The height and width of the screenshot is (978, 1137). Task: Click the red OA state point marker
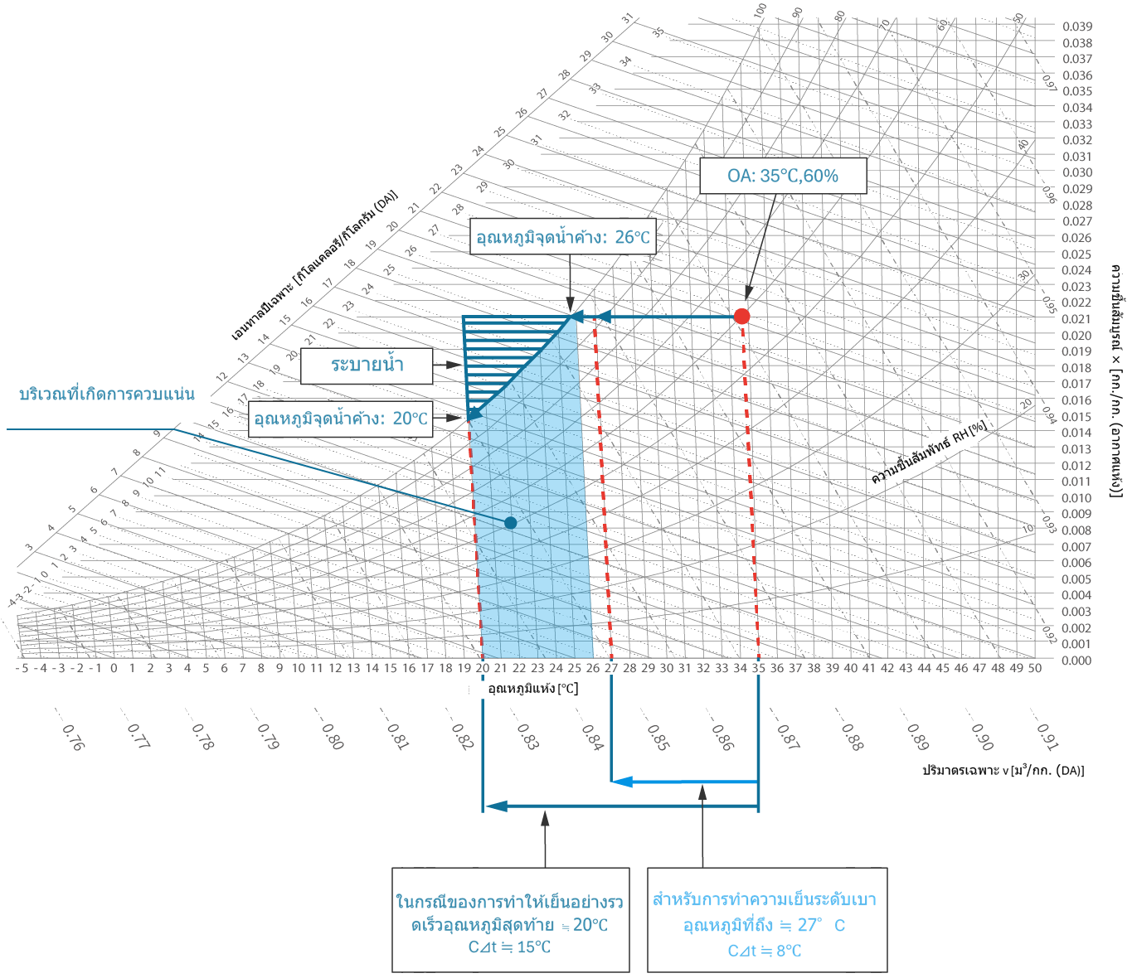tap(742, 316)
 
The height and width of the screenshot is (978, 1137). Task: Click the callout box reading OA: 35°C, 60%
tap(783, 176)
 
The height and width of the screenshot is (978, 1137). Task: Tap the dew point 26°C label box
tap(562, 237)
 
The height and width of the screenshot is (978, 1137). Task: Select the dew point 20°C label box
tap(341, 419)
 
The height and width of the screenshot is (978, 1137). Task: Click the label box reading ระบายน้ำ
tap(367, 365)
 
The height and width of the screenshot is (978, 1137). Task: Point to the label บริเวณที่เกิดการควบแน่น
tap(107, 394)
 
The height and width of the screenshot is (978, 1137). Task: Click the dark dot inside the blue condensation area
tap(511, 523)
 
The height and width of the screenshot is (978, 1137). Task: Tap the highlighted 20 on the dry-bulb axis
tap(483, 668)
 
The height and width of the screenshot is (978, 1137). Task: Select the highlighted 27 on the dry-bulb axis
tap(611, 668)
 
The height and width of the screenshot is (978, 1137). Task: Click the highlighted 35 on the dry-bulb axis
tap(759, 668)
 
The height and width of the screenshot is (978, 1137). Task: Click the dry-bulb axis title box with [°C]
tap(529, 690)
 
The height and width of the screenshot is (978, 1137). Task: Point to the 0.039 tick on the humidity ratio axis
tap(1077, 27)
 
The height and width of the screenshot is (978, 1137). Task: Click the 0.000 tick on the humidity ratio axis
tap(1077, 661)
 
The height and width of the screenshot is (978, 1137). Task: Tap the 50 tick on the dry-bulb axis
tap(1034, 668)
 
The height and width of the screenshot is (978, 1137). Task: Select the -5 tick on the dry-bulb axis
tap(22, 668)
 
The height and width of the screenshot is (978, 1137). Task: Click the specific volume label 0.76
tap(73, 736)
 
